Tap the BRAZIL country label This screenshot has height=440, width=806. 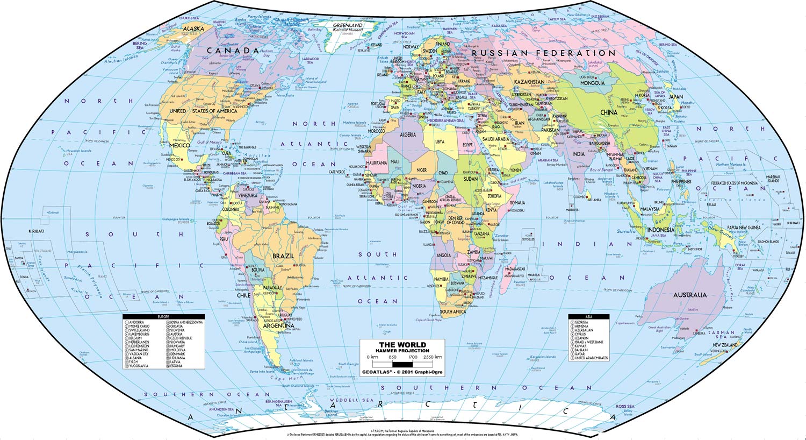[x=283, y=256]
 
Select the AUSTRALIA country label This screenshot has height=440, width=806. [x=690, y=295]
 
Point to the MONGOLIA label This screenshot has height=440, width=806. [x=592, y=83]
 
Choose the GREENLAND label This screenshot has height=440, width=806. [x=348, y=25]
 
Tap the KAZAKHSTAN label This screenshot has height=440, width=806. [x=529, y=82]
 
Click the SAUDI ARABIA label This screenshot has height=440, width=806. [x=494, y=139]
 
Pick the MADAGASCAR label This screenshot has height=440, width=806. [x=515, y=269]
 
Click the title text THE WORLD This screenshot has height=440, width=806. [x=402, y=345]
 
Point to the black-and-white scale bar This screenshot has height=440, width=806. [x=402, y=364]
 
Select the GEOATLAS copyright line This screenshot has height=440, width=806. [x=402, y=372]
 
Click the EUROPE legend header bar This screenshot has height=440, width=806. [x=163, y=317]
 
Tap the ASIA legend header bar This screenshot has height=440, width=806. [x=589, y=317]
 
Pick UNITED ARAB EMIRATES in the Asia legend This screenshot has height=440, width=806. [x=591, y=358]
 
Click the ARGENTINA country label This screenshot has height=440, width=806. [x=278, y=325]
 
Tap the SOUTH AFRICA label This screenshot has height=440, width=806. [x=453, y=311]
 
